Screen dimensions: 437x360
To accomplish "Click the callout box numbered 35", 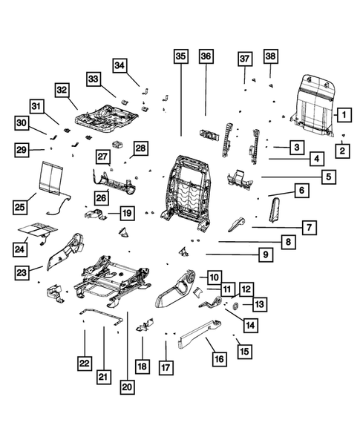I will (181, 56).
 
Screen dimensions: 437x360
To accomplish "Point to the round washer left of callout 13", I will (235, 305).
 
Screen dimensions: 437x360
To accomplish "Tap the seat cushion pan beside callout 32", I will (108, 115).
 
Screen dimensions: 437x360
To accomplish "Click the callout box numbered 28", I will (140, 149).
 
